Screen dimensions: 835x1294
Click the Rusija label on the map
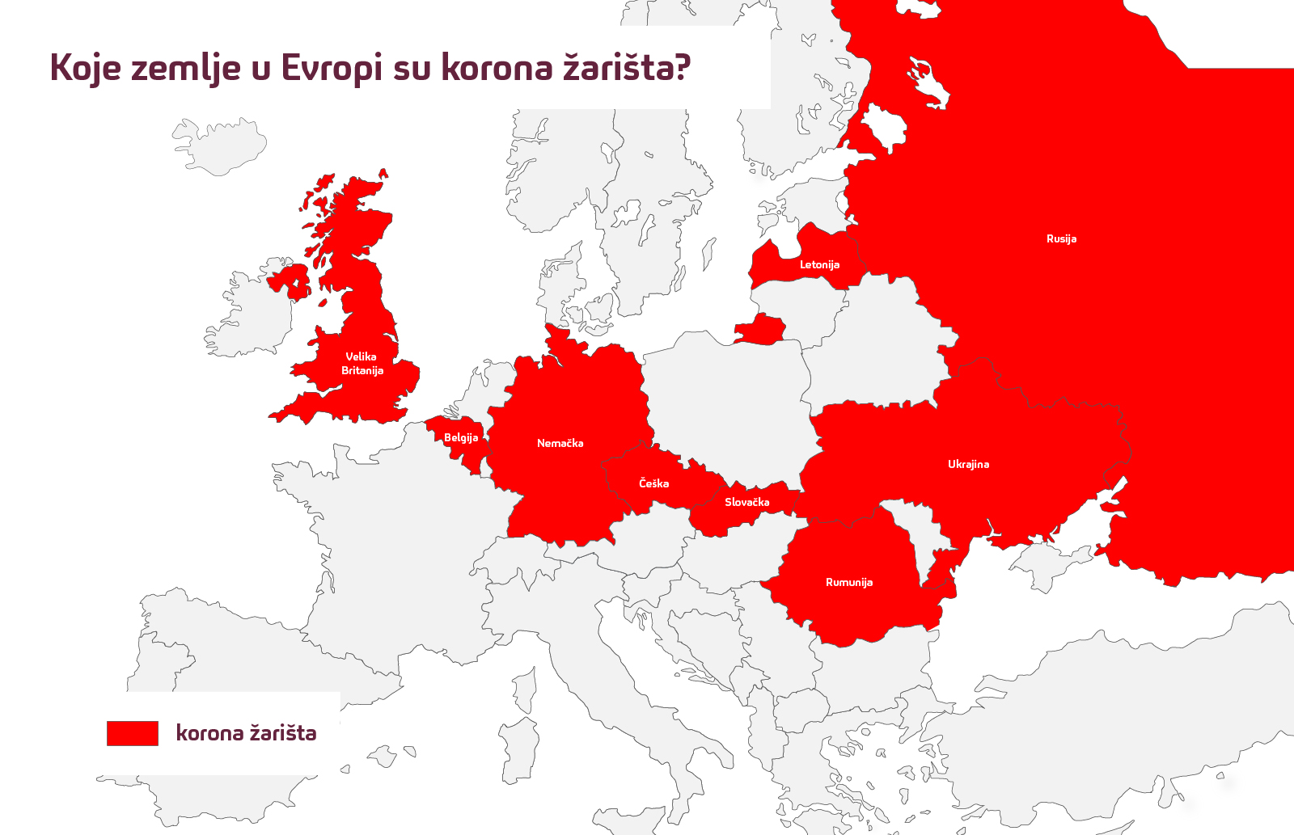1061,238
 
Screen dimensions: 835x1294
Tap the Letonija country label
819,264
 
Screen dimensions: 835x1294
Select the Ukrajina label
968,464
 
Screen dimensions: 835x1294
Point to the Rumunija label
848,582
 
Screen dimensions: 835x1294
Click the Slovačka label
746,502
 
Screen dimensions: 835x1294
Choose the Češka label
653,483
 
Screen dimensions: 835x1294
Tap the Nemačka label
560,443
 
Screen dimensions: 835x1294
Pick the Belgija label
461,437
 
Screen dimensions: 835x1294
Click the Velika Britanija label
362,363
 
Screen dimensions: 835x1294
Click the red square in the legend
133,733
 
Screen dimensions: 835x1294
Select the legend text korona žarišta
246,733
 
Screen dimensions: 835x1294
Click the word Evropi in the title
332,68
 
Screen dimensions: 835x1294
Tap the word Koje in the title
85,68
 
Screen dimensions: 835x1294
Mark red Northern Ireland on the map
290,281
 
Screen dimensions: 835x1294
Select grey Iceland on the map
220,145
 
